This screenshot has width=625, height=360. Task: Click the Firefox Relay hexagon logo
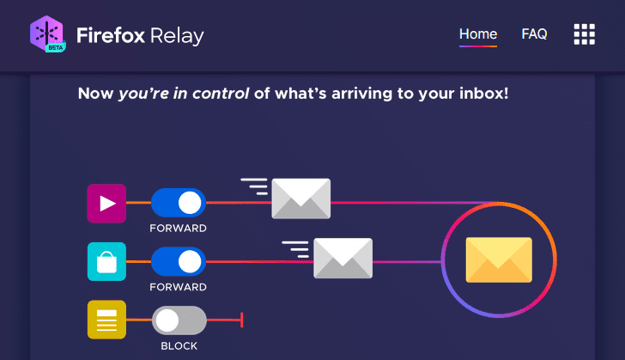[x=47, y=34]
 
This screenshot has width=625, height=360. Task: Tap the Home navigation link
[x=478, y=34]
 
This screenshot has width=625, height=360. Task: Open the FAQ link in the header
[x=534, y=34]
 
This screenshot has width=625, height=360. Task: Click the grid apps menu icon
[x=585, y=34]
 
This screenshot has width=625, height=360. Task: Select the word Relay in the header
[x=177, y=36]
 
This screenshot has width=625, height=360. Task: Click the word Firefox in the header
[x=111, y=35]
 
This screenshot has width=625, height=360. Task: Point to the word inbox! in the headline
[x=484, y=94]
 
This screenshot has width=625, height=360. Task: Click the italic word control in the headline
[x=221, y=94]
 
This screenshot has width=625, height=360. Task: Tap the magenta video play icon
[x=106, y=204]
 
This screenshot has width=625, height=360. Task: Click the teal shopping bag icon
[x=106, y=262]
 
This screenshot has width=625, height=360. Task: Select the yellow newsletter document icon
[x=106, y=320]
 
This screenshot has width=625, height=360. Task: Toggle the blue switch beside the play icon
[x=179, y=203]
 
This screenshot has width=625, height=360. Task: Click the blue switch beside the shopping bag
[x=179, y=262]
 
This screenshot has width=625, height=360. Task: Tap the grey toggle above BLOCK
[x=179, y=320]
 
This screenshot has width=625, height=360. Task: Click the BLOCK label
[x=179, y=346]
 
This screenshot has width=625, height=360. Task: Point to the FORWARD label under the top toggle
[x=179, y=229]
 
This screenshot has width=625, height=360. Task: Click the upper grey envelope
[x=301, y=198]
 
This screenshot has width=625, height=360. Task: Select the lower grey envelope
[x=343, y=259]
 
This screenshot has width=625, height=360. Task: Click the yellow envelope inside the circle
[x=499, y=259]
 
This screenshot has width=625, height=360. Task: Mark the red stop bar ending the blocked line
[x=242, y=320]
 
